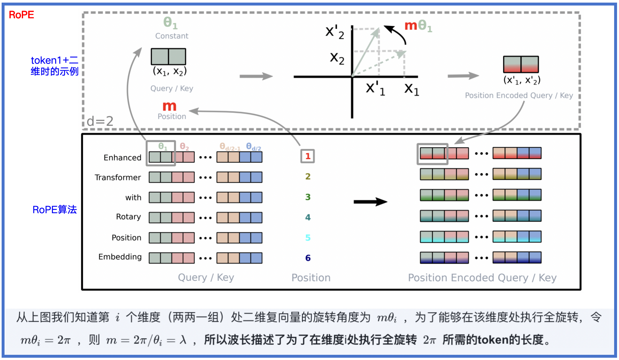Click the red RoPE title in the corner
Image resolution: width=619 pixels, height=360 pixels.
(21, 15)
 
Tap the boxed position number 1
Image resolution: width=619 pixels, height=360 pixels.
(308, 156)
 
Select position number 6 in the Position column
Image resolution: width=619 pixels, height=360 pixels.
(308, 258)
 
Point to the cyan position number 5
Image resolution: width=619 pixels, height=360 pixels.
(308, 238)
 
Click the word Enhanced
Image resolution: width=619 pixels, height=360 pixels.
(122, 158)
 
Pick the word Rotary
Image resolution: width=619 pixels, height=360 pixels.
(128, 217)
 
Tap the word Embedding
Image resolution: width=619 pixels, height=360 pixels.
(120, 257)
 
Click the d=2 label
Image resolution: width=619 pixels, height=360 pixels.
(100, 121)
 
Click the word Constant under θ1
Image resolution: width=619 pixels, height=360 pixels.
(171, 36)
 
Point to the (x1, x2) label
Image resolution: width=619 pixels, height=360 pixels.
(170, 71)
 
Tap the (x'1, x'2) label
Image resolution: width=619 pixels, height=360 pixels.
(522, 80)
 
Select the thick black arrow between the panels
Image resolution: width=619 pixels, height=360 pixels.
(370, 202)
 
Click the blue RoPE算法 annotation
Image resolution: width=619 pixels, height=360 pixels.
(55, 210)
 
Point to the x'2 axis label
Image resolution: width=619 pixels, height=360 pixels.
(335, 32)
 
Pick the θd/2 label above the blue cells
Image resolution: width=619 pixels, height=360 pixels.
(253, 147)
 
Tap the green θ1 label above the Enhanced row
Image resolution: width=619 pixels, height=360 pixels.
(163, 147)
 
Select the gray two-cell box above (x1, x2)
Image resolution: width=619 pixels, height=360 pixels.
(168, 57)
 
